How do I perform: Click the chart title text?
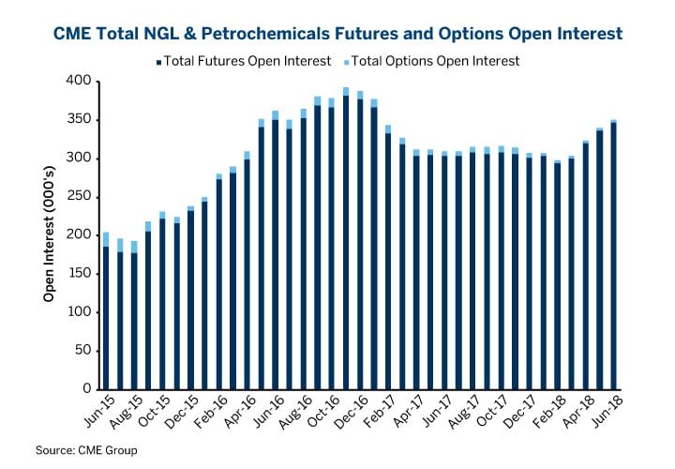point(337,35)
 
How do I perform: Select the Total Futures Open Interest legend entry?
point(243,62)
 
